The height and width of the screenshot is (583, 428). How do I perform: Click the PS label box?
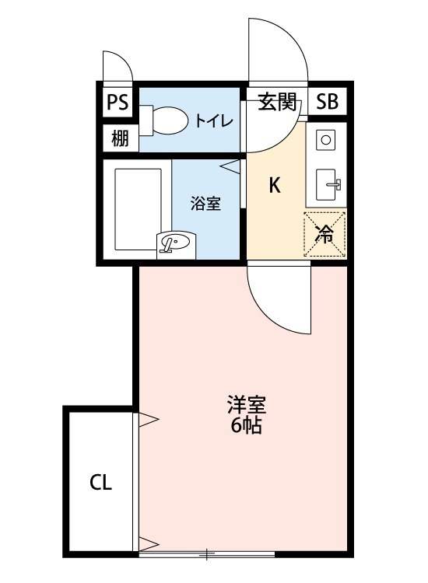(x=117, y=102)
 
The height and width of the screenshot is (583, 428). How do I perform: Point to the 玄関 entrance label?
(x=276, y=102)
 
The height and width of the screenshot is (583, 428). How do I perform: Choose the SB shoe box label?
(x=327, y=102)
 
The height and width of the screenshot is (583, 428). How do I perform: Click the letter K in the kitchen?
(x=274, y=185)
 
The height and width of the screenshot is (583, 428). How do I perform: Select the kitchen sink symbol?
(x=328, y=184)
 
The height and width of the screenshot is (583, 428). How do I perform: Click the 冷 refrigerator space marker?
(x=325, y=234)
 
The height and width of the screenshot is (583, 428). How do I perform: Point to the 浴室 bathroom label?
(x=206, y=204)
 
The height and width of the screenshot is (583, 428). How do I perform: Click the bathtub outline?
(x=137, y=205)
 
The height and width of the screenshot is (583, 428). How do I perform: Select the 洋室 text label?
(x=247, y=405)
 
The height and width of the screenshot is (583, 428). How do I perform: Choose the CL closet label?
(x=100, y=483)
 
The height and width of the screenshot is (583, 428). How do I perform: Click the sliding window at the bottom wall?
(x=207, y=554)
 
